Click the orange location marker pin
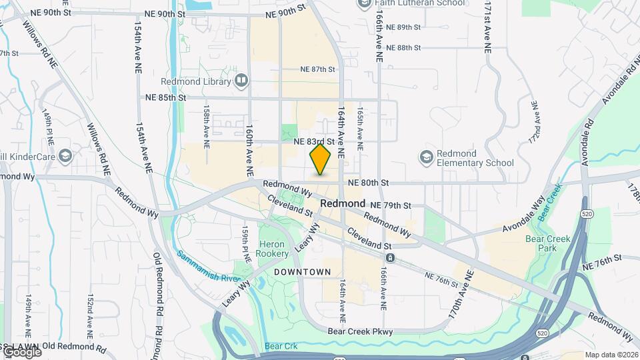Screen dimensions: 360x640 coord(321,160)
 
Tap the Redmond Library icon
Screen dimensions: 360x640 coord(241,81)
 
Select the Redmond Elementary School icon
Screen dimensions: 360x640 coord(425,157)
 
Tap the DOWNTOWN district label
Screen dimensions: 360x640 coord(302,272)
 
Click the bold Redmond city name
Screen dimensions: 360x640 coord(343,203)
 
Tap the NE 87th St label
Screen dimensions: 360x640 coord(317,69)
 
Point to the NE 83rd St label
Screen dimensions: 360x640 coord(313,141)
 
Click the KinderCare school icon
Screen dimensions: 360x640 coord(65,157)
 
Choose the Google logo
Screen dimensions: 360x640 coord(21,351)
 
